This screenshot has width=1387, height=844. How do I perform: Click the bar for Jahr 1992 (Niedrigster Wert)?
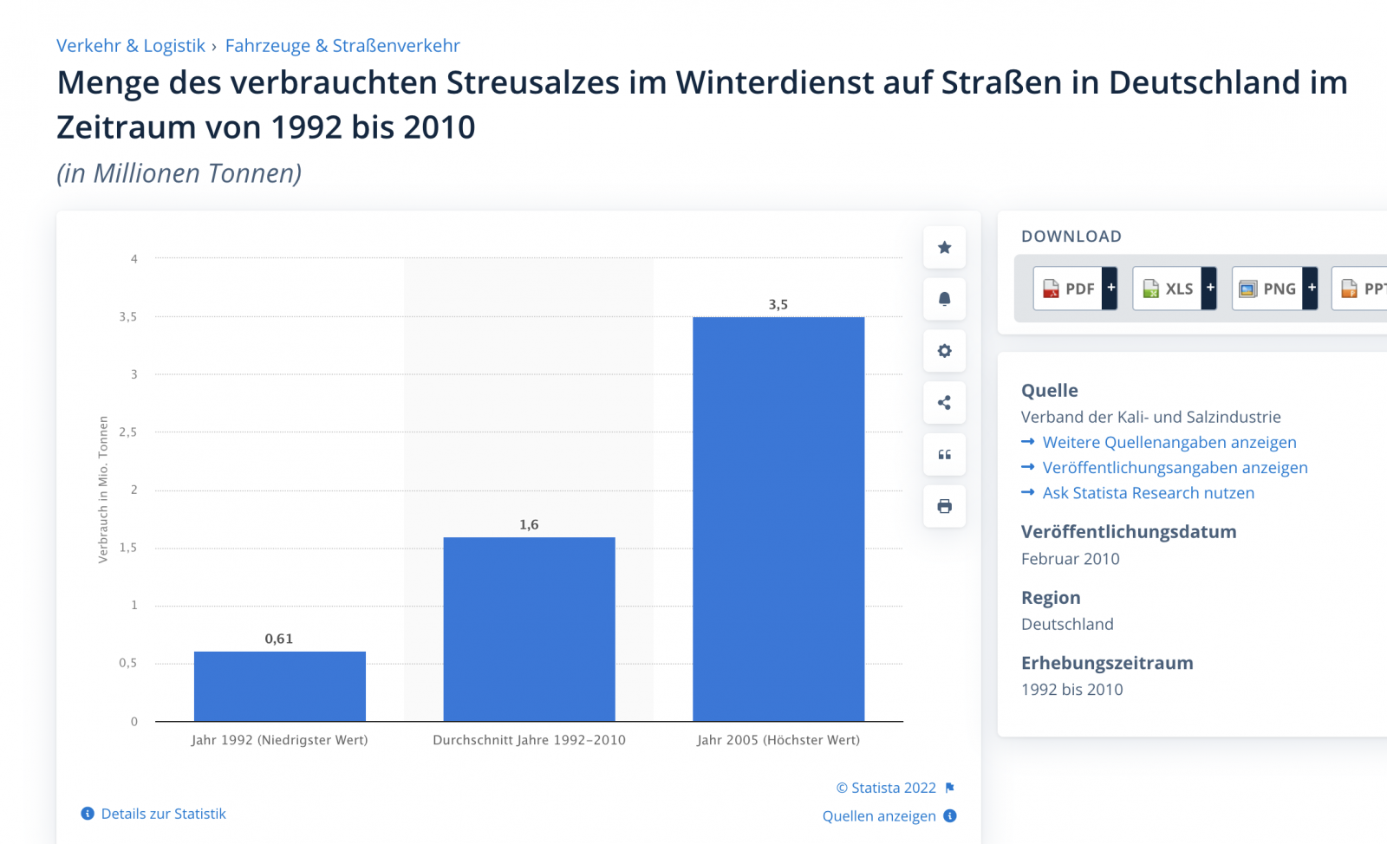[279, 685]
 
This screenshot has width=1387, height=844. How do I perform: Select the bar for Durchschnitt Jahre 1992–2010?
[529, 628]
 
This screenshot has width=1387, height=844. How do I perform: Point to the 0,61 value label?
[279, 639]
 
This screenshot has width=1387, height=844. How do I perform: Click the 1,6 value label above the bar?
[529, 524]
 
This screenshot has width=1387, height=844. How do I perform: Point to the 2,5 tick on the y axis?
[128, 432]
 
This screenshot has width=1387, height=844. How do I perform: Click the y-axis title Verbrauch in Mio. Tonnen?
[103, 490]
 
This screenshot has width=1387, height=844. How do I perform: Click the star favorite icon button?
[944, 248]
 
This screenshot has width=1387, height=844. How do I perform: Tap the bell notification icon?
[944, 299]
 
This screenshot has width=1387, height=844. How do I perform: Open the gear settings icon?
[944, 351]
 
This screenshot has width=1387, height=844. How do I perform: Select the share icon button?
[944, 403]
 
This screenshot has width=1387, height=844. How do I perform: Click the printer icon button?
[944, 506]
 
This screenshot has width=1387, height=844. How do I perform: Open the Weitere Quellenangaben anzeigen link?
[1169, 442]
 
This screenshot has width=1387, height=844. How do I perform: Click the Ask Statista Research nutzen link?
[1148, 493]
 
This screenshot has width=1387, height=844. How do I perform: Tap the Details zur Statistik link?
[163, 814]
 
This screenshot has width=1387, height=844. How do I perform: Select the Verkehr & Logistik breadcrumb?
[131, 46]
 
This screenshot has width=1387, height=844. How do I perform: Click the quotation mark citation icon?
[944, 455]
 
